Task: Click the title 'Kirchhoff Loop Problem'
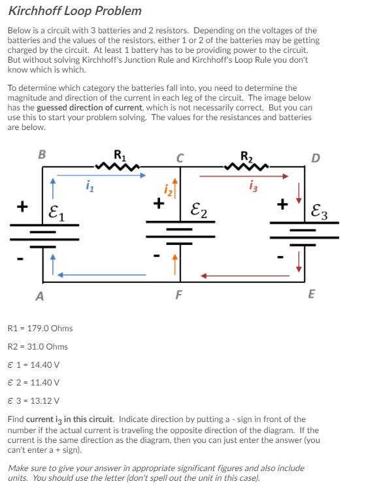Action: [75, 11]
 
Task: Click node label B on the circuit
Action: [42, 155]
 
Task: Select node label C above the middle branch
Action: [179, 157]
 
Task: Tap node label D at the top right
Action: [316, 157]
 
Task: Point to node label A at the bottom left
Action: [40, 295]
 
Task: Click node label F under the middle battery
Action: [179, 294]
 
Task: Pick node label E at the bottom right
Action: [311, 294]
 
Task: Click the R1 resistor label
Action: [120, 155]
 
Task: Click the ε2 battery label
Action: [199, 210]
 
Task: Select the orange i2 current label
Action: [166, 189]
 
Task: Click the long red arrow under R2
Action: [243, 175]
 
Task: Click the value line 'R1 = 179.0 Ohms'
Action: [40, 328]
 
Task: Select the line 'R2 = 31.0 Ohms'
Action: [37, 346]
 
